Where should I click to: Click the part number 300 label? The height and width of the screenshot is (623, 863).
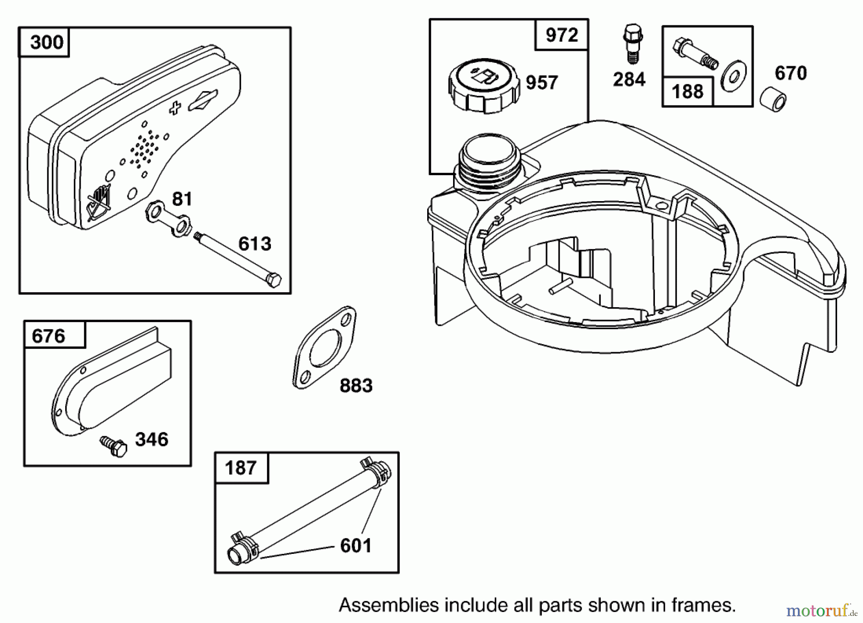[x=46, y=42]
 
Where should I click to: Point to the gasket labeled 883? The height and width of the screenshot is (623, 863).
[x=325, y=348]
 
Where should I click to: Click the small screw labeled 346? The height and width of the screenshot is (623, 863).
[x=114, y=446]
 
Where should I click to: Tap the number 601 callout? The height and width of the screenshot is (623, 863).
[x=356, y=546]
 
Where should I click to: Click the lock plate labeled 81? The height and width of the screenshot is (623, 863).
[x=168, y=219]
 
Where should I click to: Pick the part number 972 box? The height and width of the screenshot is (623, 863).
[x=561, y=35]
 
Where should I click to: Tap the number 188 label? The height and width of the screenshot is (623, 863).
[x=688, y=91]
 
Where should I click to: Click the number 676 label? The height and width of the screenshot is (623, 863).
[x=48, y=336]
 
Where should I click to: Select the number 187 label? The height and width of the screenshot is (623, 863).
[x=240, y=468]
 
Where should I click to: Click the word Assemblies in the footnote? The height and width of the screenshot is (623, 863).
[x=382, y=605]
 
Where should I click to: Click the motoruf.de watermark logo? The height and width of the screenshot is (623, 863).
[x=820, y=611]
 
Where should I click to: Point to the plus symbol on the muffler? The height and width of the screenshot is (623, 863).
[x=175, y=108]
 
